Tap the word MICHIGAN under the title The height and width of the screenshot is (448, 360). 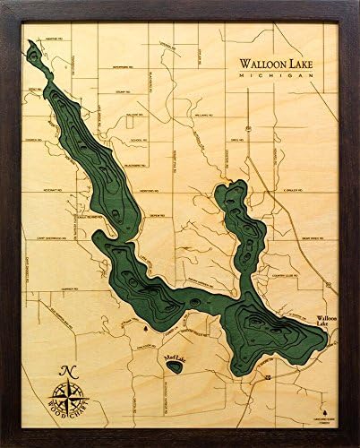click(275, 78)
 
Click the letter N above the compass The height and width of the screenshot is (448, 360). click(66, 371)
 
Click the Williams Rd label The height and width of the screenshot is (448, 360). click(201, 116)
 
